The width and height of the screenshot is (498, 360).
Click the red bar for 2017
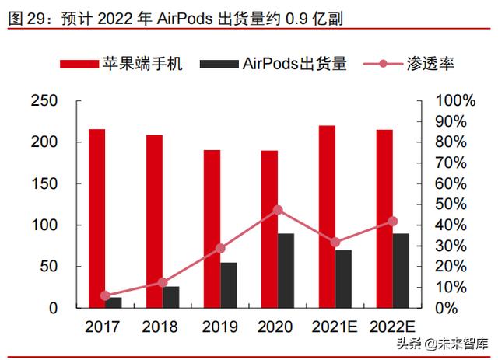tap(96, 218)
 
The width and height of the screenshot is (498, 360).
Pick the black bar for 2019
tap(228, 285)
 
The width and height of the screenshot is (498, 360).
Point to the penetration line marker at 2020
tap(278, 210)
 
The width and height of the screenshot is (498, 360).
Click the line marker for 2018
tap(163, 282)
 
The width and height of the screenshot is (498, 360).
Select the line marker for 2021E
tap(335, 243)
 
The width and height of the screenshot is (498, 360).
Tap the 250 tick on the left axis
tap(44, 101)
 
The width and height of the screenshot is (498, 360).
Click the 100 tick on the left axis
tap(44, 225)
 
